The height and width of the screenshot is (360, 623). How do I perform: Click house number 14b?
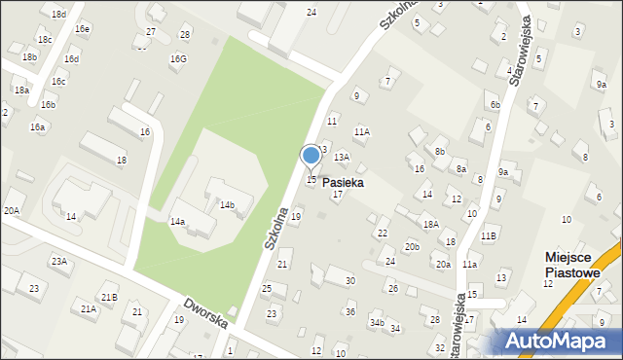point(227,205)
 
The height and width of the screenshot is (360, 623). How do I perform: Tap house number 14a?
point(177,222)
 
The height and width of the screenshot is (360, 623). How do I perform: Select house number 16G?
point(178,58)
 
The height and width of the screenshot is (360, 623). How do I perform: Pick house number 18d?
point(59,15)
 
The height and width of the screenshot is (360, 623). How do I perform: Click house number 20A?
point(12,210)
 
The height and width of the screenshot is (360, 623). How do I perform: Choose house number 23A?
point(59,262)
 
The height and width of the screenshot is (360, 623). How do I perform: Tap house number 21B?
point(109,298)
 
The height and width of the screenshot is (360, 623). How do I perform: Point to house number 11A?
point(362,131)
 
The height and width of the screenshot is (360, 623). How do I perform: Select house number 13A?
point(342,157)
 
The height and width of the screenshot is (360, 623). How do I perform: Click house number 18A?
point(430,224)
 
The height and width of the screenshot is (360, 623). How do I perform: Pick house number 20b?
point(413,247)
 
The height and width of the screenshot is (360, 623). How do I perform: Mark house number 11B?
point(489,235)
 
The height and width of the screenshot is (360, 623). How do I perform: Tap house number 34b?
point(377,322)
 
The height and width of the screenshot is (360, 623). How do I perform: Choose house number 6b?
point(495,105)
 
